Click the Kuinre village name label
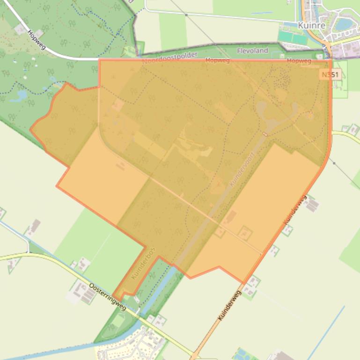click(x=311, y=25)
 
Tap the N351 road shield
click(x=331, y=75)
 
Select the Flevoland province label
click(x=253, y=50)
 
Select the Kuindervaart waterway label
click(x=242, y=169)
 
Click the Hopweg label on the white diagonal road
click(x=36, y=39)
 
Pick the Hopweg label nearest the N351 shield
click(x=299, y=61)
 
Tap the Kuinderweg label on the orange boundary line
click(x=295, y=209)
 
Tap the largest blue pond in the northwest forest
click(x=20, y=96)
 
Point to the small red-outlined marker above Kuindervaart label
click(x=265, y=134)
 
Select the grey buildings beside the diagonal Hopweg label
click(x=21, y=29)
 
